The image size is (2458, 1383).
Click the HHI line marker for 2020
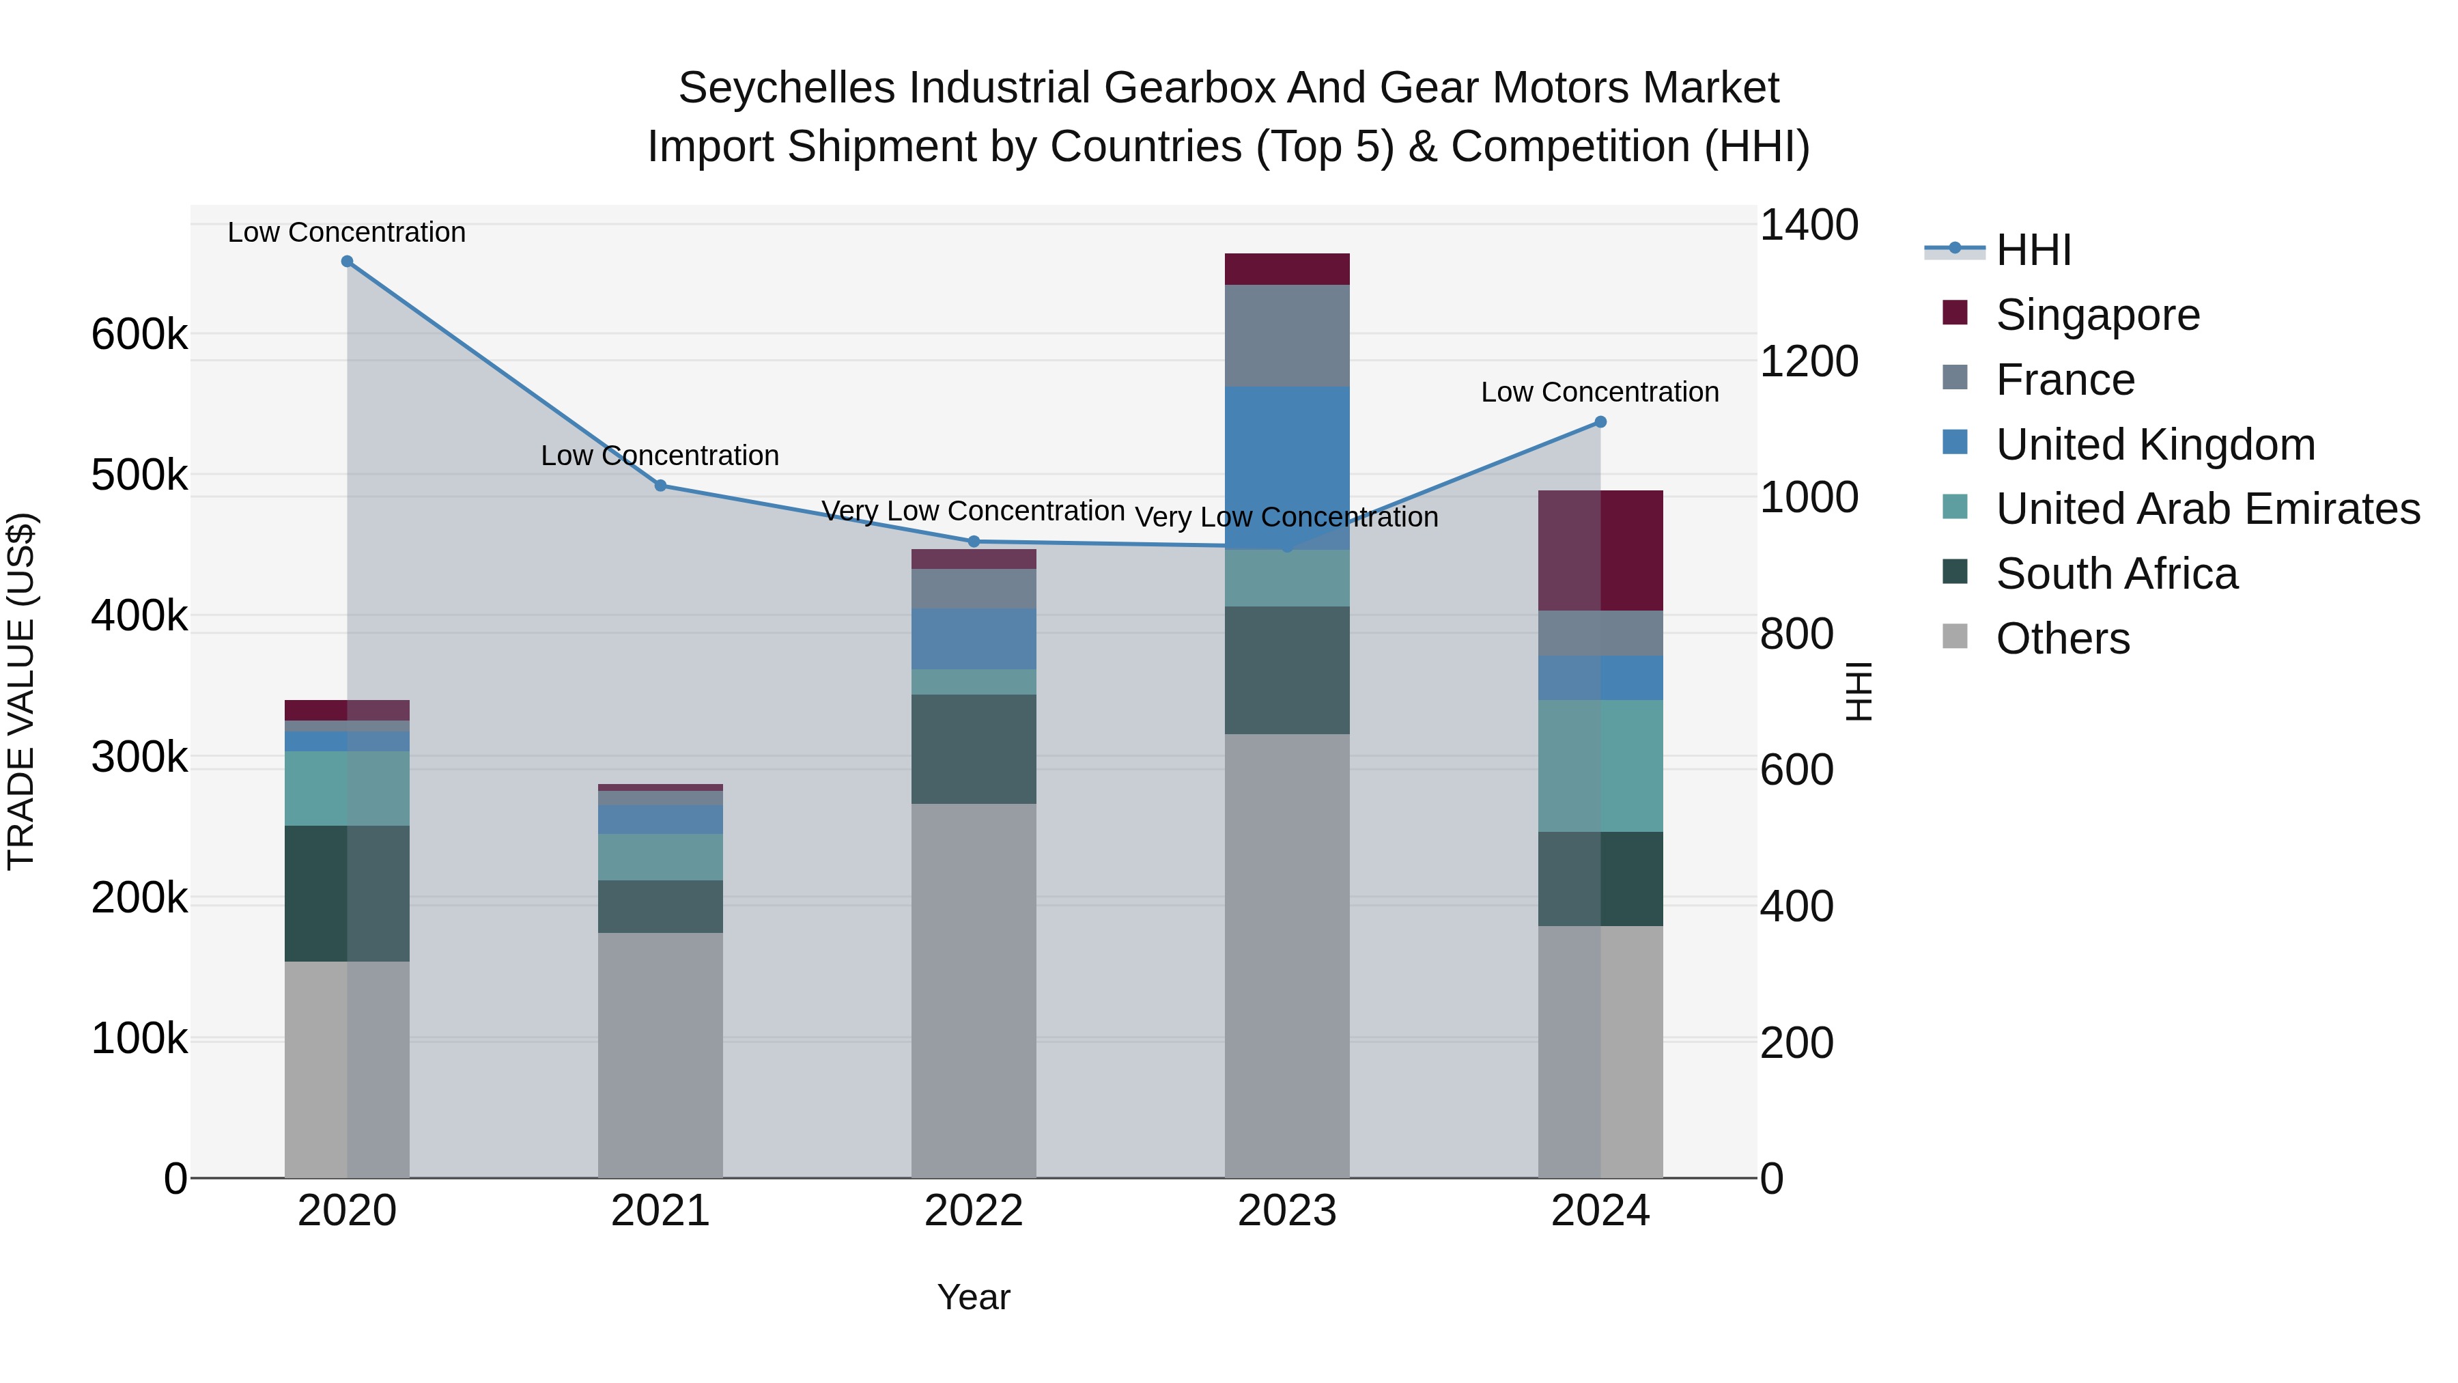click(x=348, y=262)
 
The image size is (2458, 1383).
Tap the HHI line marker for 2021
click(x=660, y=486)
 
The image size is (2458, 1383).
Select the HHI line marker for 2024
click(x=1600, y=422)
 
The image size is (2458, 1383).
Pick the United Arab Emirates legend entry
click(x=2207, y=509)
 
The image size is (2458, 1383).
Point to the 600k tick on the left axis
click(x=139, y=335)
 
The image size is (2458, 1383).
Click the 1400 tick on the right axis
click(x=1808, y=226)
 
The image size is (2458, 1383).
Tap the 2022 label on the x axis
click(x=973, y=1211)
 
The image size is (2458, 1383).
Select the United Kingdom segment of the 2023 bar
click(x=1286, y=468)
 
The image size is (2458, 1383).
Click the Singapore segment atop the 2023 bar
click(x=1286, y=269)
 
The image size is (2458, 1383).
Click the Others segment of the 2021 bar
click(x=660, y=1054)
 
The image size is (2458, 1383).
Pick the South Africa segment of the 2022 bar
click(x=973, y=749)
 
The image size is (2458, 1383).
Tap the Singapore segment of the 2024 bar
click(x=1600, y=550)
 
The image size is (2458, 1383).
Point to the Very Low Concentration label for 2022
click(x=973, y=512)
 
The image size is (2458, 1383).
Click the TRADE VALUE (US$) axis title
click(x=22, y=691)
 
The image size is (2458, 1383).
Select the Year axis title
click(x=973, y=1297)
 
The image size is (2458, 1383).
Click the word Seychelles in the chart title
click(x=787, y=89)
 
